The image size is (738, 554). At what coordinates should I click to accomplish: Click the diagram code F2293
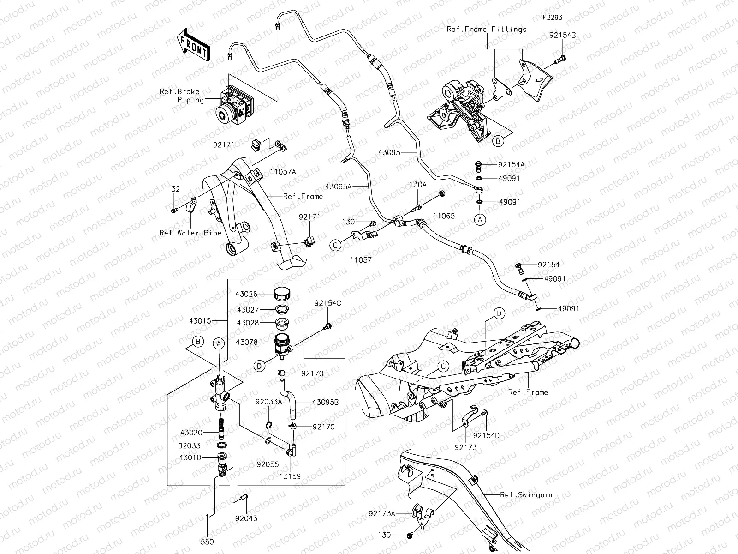pyautogui.click(x=552, y=18)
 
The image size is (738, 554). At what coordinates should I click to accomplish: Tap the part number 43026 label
pyautogui.click(x=259, y=294)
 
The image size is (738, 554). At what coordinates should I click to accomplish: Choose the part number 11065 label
pyautogui.click(x=444, y=216)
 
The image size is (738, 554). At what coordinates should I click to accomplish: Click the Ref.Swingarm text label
pyautogui.click(x=527, y=495)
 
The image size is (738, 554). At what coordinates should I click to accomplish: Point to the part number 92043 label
pyautogui.click(x=246, y=518)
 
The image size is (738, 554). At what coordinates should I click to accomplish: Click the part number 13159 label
pyautogui.click(x=290, y=476)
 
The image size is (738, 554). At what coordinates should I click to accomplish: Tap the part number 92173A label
pyautogui.click(x=382, y=513)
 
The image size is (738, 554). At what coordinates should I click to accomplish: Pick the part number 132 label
pyautogui.click(x=174, y=189)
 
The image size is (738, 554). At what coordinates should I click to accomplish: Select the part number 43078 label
pyautogui.click(x=259, y=342)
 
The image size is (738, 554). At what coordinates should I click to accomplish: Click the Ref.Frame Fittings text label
pyautogui.click(x=487, y=30)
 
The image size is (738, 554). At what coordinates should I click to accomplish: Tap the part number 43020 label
pyautogui.click(x=191, y=433)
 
